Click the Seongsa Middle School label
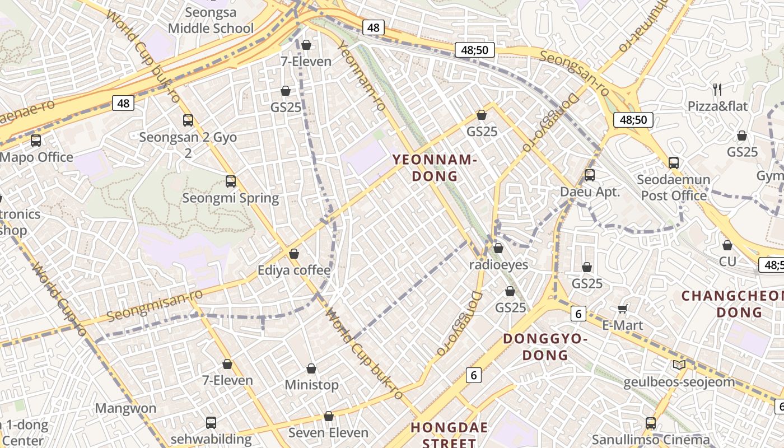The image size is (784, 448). pyautogui.click(x=211, y=20)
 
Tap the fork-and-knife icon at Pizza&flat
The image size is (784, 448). pyautogui.click(x=717, y=89)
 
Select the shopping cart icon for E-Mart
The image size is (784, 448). pyautogui.click(x=622, y=309)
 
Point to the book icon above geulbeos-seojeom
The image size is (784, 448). pyautogui.click(x=679, y=365)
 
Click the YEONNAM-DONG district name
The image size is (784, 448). pyautogui.click(x=435, y=168)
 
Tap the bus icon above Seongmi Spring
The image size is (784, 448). pyautogui.click(x=230, y=181)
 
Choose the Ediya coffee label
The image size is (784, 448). pyautogui.click(x=294, y=270)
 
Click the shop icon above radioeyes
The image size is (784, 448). pyautogui.click(x=498, y=248)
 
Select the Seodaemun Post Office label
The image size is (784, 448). pyautogui.click(x=674, y=188)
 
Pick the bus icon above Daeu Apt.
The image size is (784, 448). pyautogui.click(x=589, y=175)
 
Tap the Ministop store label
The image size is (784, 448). pyautogui.click(x=311, y=385)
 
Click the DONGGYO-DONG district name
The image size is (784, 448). pyautogui.click(x=545, y=347)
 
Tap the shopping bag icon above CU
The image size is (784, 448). pyautogui.click(x=727, y=245)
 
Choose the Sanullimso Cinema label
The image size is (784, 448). pyautogui.click(x=651, y=440)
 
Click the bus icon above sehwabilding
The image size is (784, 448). pyautogui.click(x=211, y=423)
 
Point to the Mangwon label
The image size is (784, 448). pyautogui.click(x=125, y=408)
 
